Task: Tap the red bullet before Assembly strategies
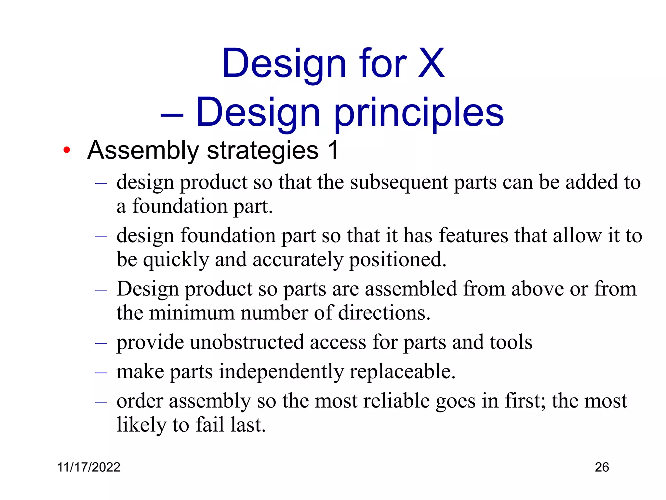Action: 67,150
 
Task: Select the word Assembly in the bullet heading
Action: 143,151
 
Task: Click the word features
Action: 473,235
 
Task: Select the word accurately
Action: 298,259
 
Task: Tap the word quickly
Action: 176,260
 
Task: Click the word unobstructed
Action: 247,342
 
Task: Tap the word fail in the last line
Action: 210,425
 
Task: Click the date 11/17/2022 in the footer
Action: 89,467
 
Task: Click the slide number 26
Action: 602,467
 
